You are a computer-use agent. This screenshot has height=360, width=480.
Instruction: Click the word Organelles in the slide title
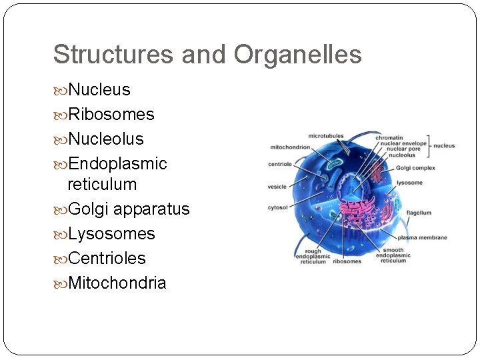point(297,55)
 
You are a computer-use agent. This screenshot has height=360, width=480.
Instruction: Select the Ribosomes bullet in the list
point(111,115)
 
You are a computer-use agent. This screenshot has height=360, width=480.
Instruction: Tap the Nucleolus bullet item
point(105,139)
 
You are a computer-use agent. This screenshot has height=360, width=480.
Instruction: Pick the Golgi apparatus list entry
point(129,209)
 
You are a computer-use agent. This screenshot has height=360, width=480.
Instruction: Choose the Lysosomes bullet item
point(111,234)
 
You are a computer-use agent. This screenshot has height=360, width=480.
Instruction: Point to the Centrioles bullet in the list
point(107,259)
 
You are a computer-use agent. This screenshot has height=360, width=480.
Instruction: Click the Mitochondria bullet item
point(117,283)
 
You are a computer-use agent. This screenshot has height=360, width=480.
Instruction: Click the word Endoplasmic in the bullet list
point(117,164)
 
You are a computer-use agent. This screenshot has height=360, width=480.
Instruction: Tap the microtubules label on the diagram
point(325,136)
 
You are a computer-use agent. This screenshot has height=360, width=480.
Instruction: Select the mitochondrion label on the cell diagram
point(289,147)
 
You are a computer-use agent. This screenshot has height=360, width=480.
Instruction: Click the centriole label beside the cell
point(280,163)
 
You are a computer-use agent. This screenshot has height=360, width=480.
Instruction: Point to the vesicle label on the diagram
point(277,186)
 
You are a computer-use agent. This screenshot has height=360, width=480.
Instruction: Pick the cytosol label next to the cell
point(277,207)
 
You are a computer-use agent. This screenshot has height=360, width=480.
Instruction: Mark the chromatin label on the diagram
point(389,138)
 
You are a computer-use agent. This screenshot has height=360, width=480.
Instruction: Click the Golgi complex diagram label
point(415,168)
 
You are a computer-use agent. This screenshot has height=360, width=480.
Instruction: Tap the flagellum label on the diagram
point(419,213)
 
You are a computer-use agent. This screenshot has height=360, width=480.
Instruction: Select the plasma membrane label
point(422,238)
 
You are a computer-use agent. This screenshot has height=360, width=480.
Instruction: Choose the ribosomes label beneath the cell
point(347,261)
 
